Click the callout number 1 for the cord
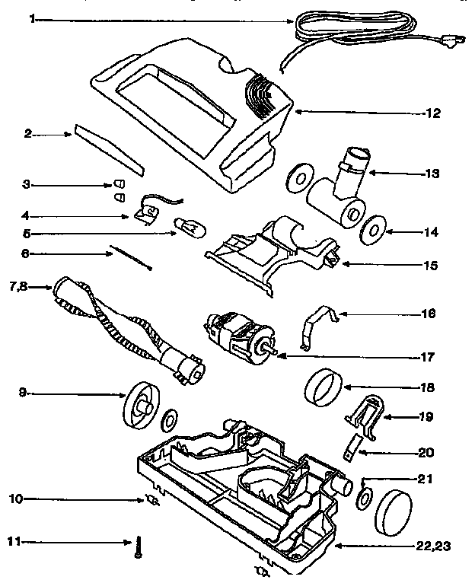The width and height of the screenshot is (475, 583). (32, 19)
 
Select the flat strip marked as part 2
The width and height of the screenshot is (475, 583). (108, 150)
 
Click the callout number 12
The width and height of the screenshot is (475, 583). (432, 114)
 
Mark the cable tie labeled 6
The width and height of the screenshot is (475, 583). (130, 258)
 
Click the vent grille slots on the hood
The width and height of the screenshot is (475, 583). (260, 94)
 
